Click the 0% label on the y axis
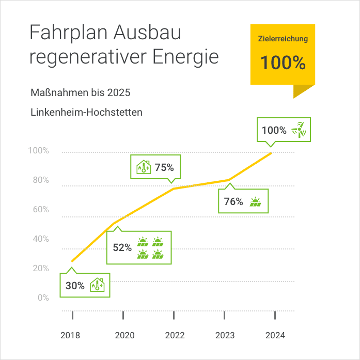pyautogui.click(x=43, y=298)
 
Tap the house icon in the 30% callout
pyautogui.click(x=97, y=285)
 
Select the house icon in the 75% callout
pyautogui.click(x=143, y=167)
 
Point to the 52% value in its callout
pyautogui.click(x=122, y=247)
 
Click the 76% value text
pyautogui.click(x=233, y=201)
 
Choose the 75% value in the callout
pyautogui.click(x=164, y=167)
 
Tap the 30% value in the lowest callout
pyautogui.click(x=75, y=285)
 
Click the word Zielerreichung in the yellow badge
pyautogui.click(x=283, y=39)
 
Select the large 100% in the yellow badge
pyautogui.click(x=283, y=62)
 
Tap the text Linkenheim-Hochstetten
pyautogui.click(x=86, y=112)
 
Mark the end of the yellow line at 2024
pyautogui.click(x=272, y=152)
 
